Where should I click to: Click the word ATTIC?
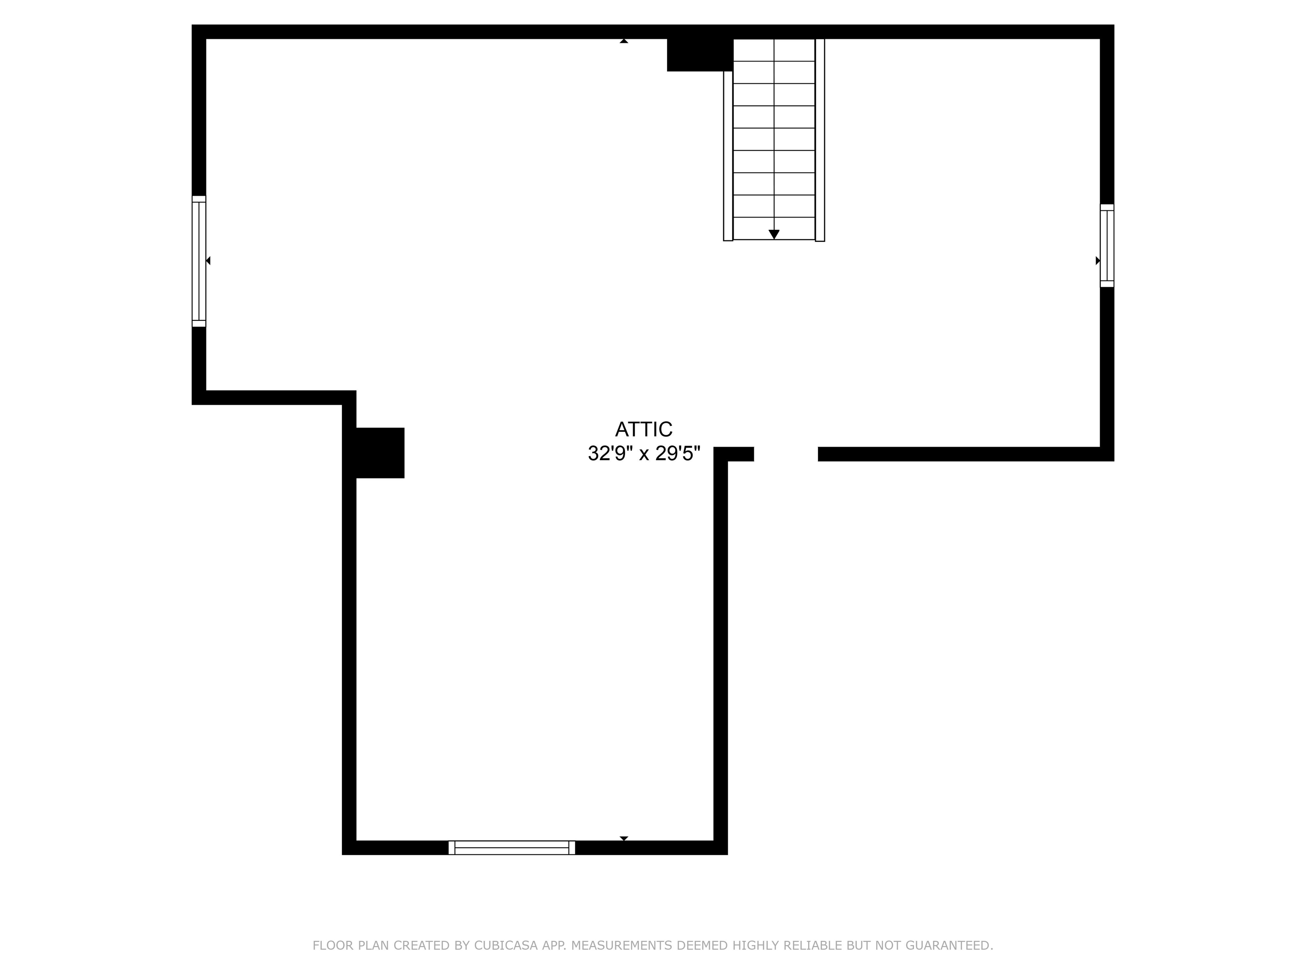point(644,429)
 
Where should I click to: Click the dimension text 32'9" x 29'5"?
point(644,454)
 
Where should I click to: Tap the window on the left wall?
point(199,261)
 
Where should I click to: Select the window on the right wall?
point(1107,246)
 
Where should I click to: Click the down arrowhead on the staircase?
point(773,234)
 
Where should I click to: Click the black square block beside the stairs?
point(699,54)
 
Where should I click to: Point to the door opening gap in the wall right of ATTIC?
point(785,454)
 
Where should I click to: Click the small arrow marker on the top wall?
point(624,41)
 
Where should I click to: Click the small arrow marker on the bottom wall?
point(624,838)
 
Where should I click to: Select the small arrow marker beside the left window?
point(208,260)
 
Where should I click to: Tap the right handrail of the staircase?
point(820,140)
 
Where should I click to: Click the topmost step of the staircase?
point(773,50)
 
